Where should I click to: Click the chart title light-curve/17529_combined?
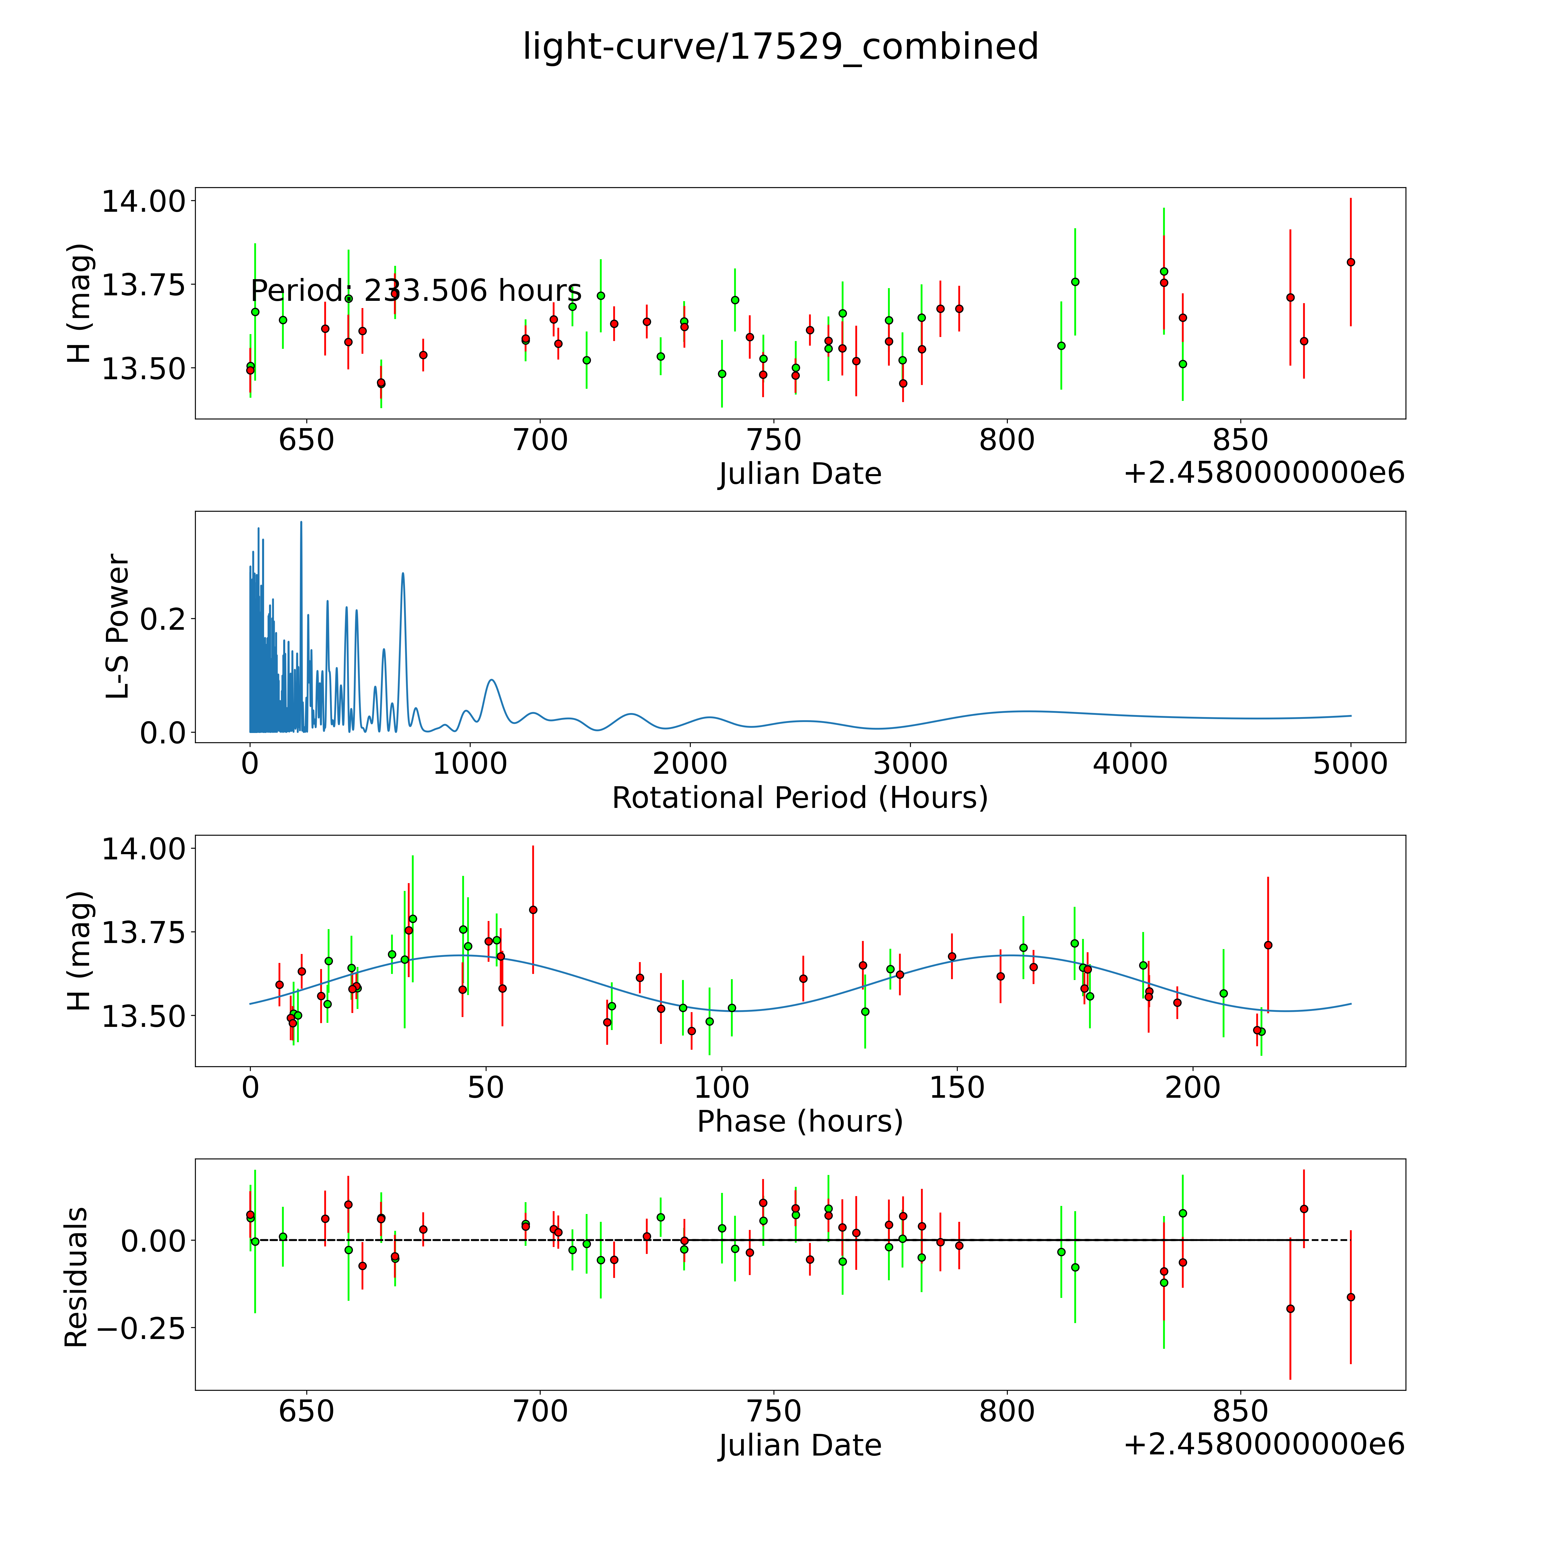tap(780, 47)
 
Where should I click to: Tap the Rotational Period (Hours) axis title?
tap(800, 798)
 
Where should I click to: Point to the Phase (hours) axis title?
tap(800, 1121)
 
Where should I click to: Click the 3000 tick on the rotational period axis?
tap(910, 763)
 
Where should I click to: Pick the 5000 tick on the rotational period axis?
tap(1350, 763)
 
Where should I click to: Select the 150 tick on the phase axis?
tap(957, 1087)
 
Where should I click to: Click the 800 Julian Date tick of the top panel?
tap(1007, 441)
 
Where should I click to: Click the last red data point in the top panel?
tap(1350, 262)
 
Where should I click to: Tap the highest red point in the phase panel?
tap(533, 909)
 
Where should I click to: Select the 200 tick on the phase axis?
tap(1193, 1087)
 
